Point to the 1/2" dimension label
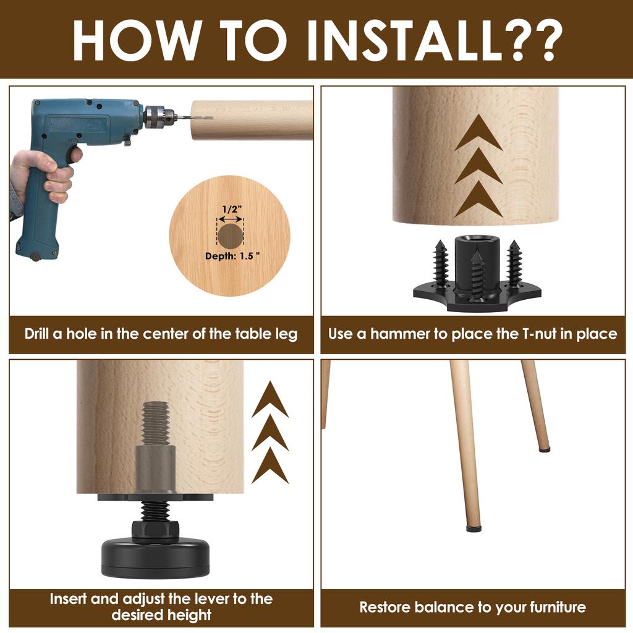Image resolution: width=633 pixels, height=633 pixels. (x=232, y=210)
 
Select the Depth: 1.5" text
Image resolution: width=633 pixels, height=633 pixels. (x=232, y=256)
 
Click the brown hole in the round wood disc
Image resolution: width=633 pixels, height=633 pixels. (x=231, y=236)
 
